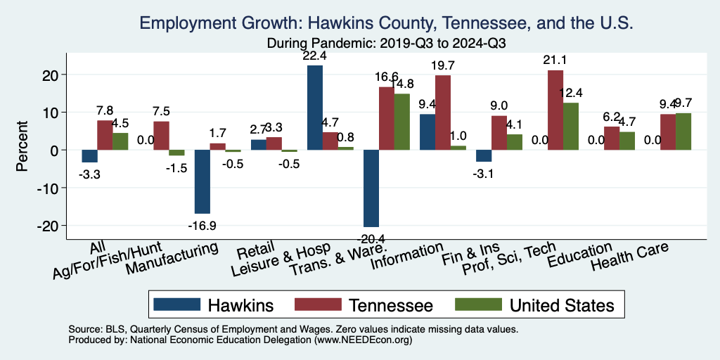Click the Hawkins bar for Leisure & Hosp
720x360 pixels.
(315, 108)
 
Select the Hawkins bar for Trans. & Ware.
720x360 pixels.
(371, 188)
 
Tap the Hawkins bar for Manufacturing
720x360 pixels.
(202, 181)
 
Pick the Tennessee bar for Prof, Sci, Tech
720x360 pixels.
(555, 110)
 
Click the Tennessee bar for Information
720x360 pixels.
(443, 112)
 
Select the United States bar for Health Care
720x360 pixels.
(683, 131)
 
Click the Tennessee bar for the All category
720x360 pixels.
(105, 135)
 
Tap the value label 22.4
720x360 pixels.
(315, 57)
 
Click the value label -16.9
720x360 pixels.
(202, 226)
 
